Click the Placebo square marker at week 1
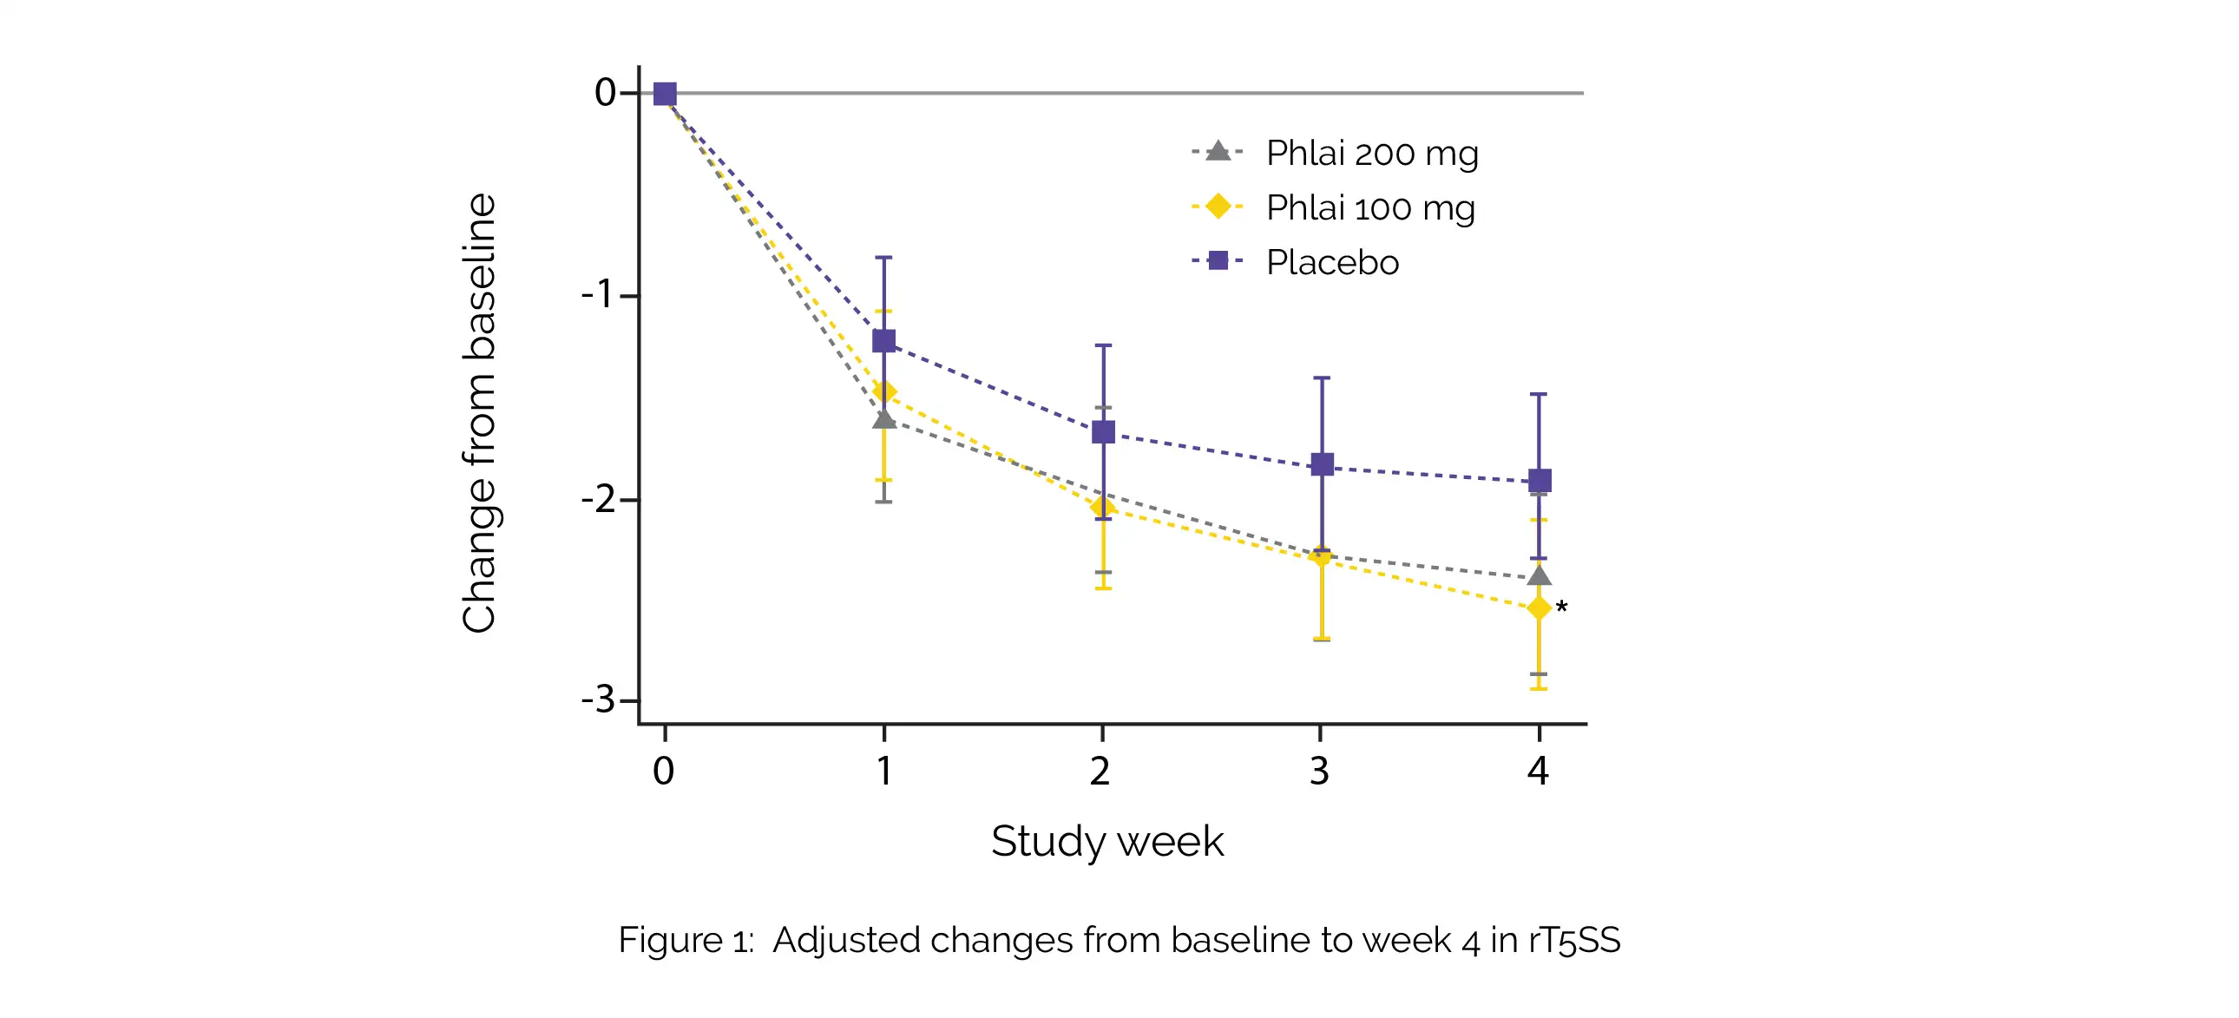[x=884, y=341]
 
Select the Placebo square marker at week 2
[x=1103, y=432]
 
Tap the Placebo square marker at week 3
[x=1322, y=464]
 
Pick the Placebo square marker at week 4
[x=1540, y=481]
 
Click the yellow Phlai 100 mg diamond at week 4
[x=1540, y=608]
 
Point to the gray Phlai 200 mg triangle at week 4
[x=1540, y=576]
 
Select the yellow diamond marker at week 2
[x=1103, y=508]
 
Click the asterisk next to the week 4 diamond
[x=1562, y=608]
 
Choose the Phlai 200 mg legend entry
[x=1371, y=153]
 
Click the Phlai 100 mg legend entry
[x=1369, y=207]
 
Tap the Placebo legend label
[x=1332, y=262]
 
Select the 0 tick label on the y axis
[x=605, y=92]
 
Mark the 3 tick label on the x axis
[x=1319, y=772]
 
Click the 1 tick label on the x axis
[x=884, y=772]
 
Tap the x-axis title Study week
[x=1107, y=842]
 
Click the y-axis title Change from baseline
[x=479, y=413]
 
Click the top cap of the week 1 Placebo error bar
[x=884, y=258]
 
